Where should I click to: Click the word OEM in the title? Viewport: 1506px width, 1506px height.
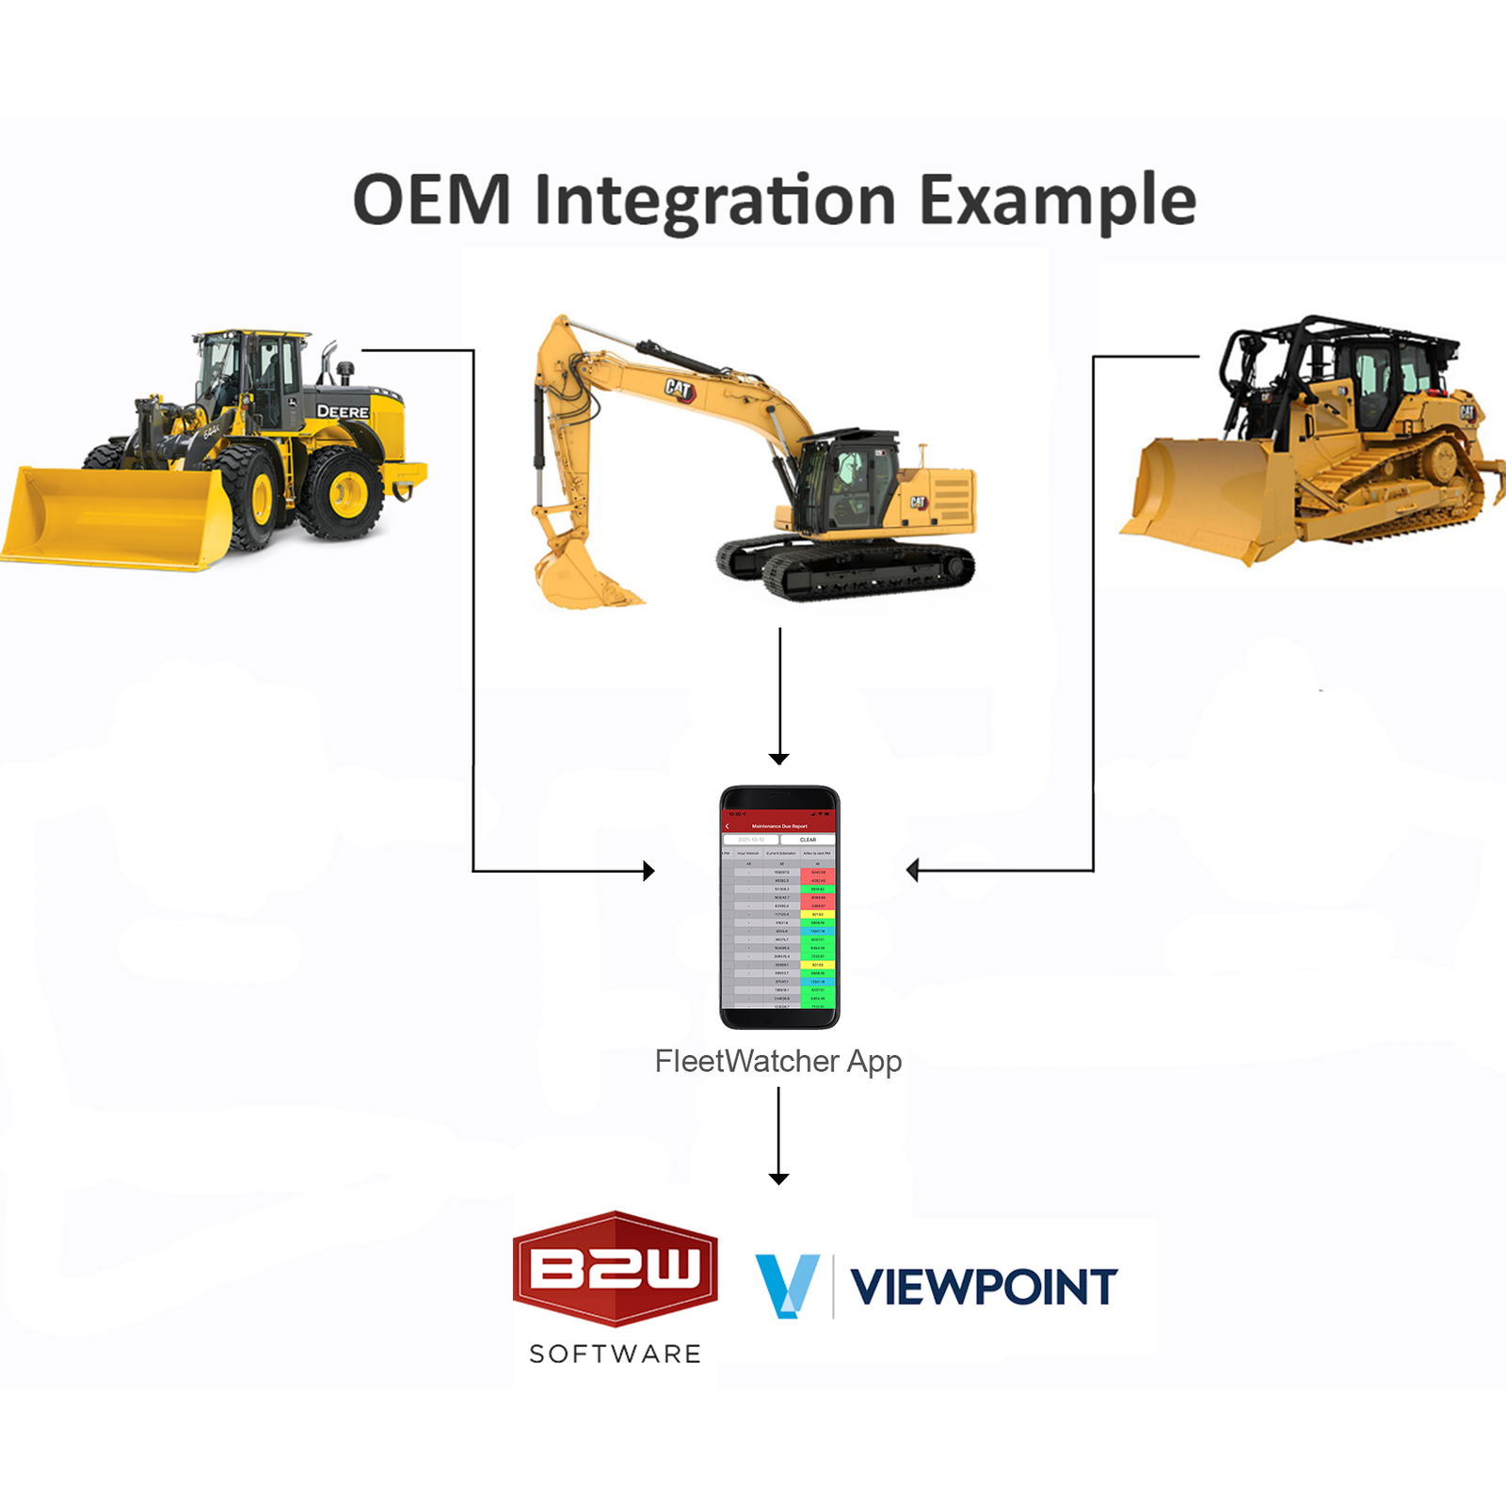pyautogui.click(x=432, y=200)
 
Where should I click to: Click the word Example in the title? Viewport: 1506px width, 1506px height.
pyautogui.click(x=1057, y=201)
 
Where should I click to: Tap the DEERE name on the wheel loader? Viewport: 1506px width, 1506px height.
pyautogui.click(x=343, y=411)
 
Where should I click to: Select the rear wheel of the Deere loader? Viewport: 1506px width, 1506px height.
pyautogui.click(x=340, y=492)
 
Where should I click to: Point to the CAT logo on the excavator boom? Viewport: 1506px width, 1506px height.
pyautogui.click(x=679, y=389)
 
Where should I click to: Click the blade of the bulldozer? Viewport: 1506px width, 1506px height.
pyautogui.click(x=1195, y=499)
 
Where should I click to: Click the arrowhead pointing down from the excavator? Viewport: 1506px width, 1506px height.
pyautogui.click(x=778, y=759)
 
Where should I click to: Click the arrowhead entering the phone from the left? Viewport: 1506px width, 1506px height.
pyautogui.click(x=649, y=871)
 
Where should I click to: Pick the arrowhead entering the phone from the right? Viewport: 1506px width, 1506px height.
pyautogui.click(x=912, y=871)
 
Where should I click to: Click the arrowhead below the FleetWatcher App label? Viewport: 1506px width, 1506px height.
pyautogui.click(x=778, y=1178)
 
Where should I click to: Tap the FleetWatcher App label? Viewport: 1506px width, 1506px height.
pyautogui.click(x=777, y=1062)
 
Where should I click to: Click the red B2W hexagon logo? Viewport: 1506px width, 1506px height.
pyautogui.click(x=615, y=1268)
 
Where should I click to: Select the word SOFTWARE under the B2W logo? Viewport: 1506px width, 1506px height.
pyautogui.click(x=615, y=1354)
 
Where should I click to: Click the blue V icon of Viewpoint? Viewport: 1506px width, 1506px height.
pyautogui.click(x=787, y=1285)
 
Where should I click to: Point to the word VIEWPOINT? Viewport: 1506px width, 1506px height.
pyautogui.click(x=984, y=1287)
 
